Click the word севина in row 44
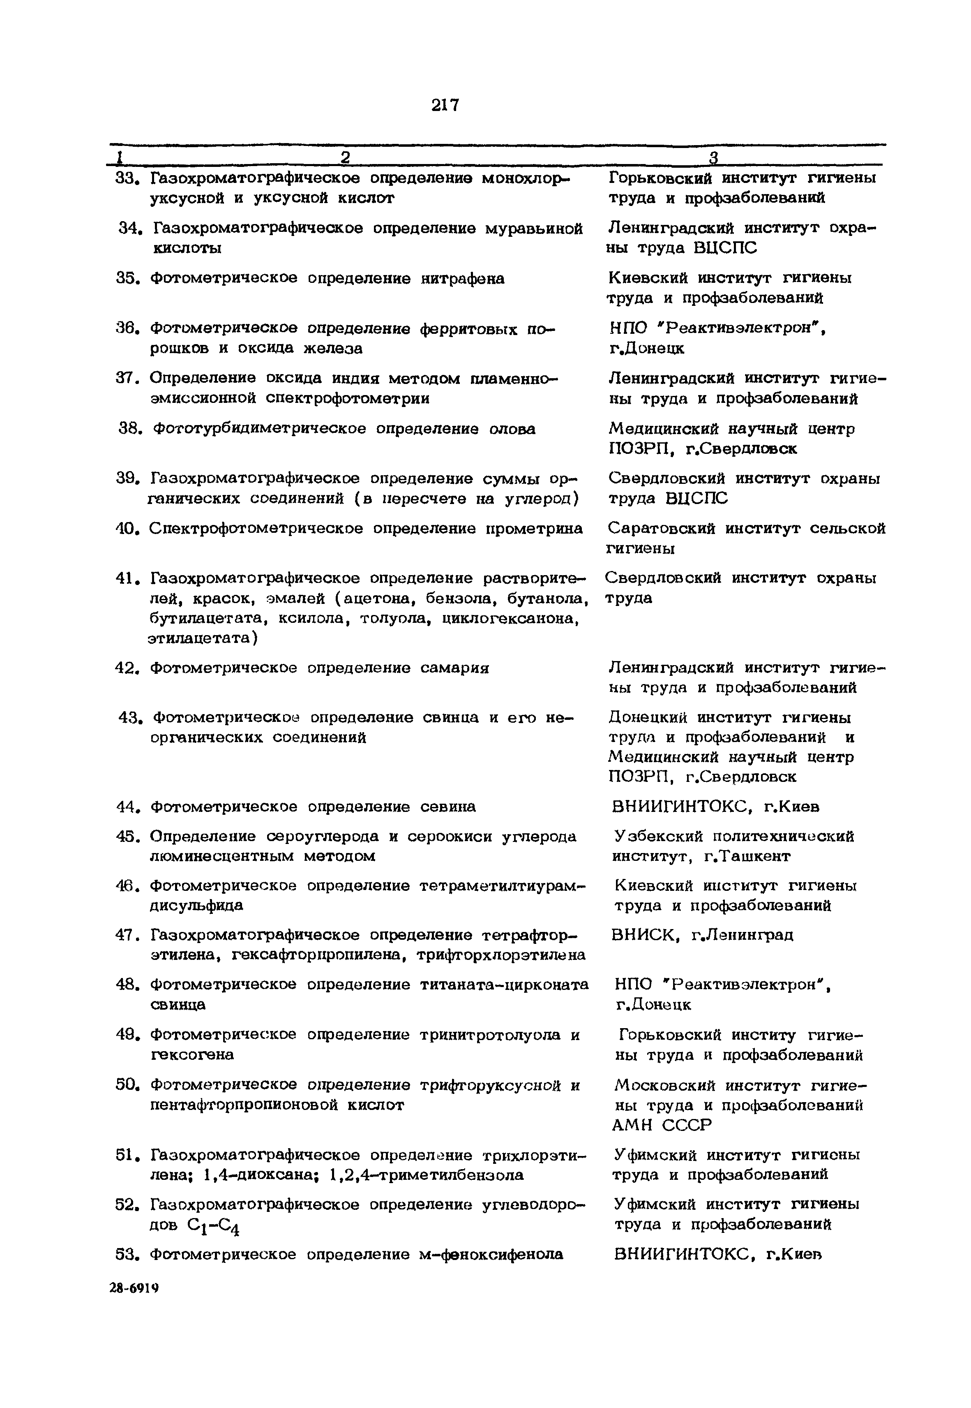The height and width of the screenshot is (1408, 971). (448, 807)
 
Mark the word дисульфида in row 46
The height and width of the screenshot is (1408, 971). (196, 905)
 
